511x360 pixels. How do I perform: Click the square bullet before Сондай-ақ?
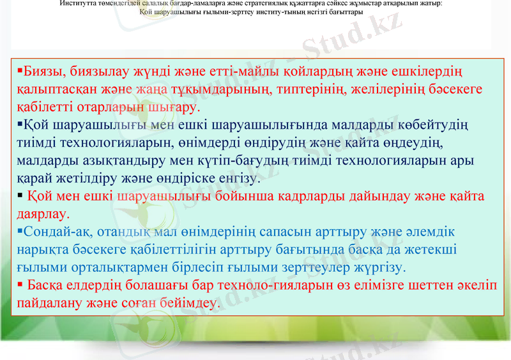[20, 228]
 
